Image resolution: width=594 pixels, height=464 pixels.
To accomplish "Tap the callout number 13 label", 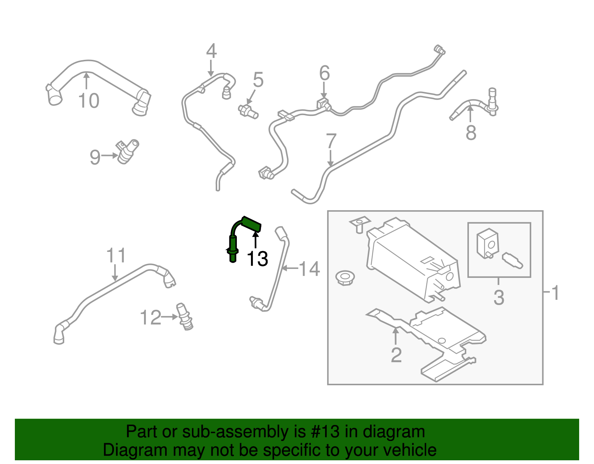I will (257, 259).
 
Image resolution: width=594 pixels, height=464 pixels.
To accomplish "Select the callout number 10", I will (89, 101).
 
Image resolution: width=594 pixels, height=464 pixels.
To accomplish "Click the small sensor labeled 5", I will (248, 111).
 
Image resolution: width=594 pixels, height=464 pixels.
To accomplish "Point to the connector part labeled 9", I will (126, 152).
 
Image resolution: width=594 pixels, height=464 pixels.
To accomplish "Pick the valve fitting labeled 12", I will (185, 317).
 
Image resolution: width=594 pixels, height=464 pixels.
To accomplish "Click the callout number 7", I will (331, 142).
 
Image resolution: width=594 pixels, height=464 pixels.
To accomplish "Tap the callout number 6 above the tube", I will (324, 73).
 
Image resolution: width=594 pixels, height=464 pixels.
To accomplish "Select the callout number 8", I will (471, 133).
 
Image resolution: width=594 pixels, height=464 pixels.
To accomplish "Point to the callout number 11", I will (116, 256).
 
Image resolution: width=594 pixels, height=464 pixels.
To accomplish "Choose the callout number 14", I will (309, 269).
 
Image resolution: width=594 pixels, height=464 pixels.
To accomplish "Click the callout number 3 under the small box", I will (499, 297).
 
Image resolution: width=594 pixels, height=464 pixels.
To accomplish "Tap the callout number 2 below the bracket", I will (396, 355).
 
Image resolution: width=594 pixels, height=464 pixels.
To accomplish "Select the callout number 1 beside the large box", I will (555, 293).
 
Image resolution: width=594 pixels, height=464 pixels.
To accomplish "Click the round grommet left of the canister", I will (345, 277).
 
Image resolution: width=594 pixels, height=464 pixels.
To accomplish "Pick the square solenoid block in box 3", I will (487, 243).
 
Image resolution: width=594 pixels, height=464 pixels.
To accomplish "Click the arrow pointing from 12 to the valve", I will (170, 317).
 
